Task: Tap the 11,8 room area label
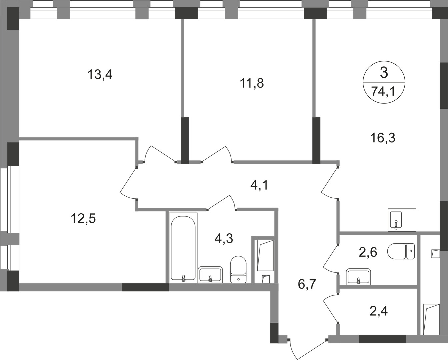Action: click(x=252, y=83)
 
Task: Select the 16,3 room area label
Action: click(x=383, y=137)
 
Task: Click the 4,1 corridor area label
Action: click(x=259, y=184)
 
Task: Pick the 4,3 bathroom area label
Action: click(x=223, y=239)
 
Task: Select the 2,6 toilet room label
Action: click(x=368, y=252)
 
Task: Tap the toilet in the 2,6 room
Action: click(x=401, y=251)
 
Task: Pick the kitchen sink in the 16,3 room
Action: click(x=402, y=220)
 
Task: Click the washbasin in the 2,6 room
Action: click(x=358, y=277)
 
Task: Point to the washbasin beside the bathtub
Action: click(x=210, y=275)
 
